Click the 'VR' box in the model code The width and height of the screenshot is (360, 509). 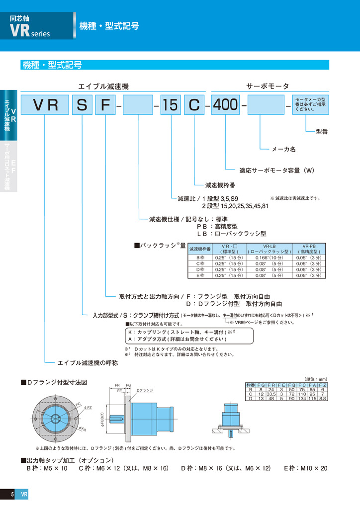(45, 105)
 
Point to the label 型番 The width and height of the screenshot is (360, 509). (322, 132)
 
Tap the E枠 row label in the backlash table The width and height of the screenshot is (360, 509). (201, 275)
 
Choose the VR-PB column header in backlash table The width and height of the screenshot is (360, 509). (309, 249)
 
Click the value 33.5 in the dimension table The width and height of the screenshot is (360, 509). (271, 394)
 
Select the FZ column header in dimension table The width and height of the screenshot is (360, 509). (322, 385)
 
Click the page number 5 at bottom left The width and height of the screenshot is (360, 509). (12, 494)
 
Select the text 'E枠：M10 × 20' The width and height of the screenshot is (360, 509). (305, 468)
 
